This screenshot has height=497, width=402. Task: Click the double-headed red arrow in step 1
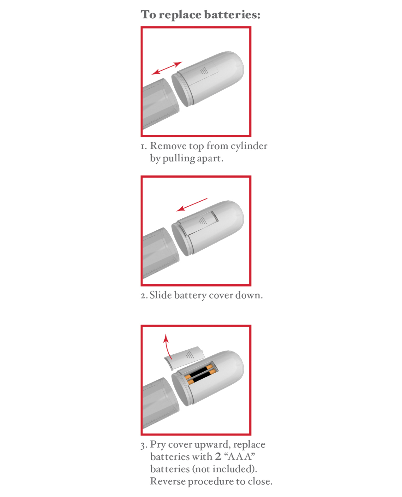click(167, 68)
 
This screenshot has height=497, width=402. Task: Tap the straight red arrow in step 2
click(192, 204)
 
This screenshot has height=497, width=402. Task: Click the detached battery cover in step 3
click(184, 358)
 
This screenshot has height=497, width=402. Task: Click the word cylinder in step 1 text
click(249, 146)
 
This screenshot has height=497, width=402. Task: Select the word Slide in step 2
click(160, 295)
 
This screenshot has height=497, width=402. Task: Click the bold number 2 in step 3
click(218, 456)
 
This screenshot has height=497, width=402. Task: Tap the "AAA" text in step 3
click(239, 456)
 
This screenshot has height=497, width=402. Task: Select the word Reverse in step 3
click(168, 481)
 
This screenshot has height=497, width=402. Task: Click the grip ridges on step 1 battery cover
click(204, 70)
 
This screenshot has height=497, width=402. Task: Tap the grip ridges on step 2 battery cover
click(202, 221)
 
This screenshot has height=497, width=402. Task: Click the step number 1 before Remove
click(144, 146)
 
